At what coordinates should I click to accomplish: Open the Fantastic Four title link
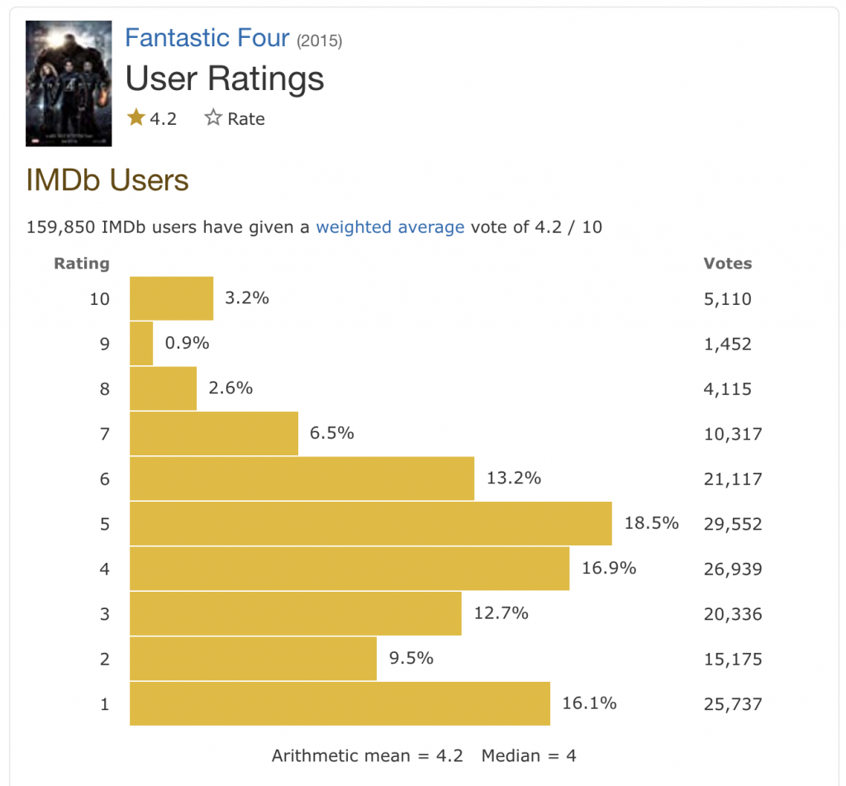pos(207,38)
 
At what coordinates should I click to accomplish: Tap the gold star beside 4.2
pos(136,118)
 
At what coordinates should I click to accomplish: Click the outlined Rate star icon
pos(213,118)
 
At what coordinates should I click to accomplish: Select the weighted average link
pos(390,226)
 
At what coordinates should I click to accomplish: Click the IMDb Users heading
pos(107,180)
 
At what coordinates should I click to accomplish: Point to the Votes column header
pos(727,264)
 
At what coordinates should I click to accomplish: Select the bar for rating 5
pos(370,523)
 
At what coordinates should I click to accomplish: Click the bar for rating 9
pos(141,343)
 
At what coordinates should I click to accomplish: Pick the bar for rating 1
pos(340,704)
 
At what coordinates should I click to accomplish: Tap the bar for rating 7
pos(214,433)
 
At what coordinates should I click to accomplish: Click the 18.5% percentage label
pos(650,523)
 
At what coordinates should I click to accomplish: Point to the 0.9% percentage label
pos(187,343)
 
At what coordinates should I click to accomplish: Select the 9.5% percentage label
pos(411,659)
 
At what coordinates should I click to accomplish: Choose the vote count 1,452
pos(727,344)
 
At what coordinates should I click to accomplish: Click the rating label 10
pos(99,298)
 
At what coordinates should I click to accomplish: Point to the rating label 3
pos(104,614)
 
